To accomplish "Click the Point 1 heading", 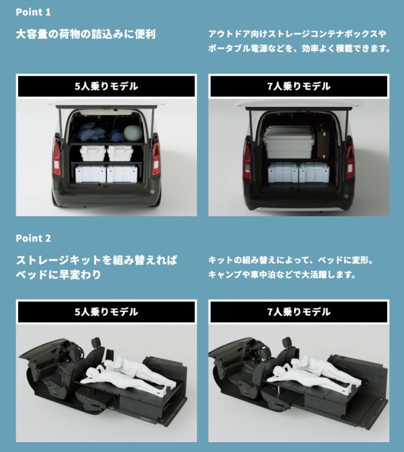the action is coord(33,12).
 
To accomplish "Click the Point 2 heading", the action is coord(33,238).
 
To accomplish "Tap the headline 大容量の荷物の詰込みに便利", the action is coord(85,34).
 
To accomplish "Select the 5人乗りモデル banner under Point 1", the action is coord(107,86).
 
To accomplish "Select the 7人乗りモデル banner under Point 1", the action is coord(299,86).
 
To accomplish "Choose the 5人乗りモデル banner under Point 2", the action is coord(107,312).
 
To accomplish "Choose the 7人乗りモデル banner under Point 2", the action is coord(299,312).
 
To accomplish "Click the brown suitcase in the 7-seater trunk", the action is coord(323,141).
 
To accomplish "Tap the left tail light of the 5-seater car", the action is coord(57,157).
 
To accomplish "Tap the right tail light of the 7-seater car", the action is coord(350,159).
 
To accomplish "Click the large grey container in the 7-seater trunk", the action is coord(289,142).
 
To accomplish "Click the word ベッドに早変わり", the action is coord(58,274).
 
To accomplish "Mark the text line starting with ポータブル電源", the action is coord(299,48).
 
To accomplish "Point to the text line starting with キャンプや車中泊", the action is coord(282,274).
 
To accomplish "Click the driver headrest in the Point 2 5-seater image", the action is coord(95,342).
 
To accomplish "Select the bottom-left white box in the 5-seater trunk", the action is coord(90,174).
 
